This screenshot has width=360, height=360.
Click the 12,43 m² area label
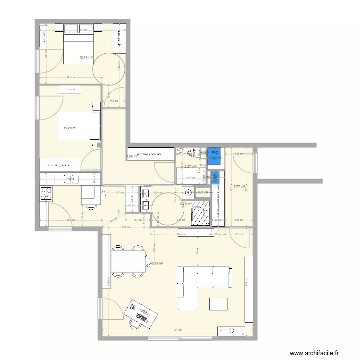tap(85, 58)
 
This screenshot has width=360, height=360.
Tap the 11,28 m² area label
tap(70, 128)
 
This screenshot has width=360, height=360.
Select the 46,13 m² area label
tap(156, 263)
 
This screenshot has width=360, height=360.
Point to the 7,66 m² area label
tap(131, 156)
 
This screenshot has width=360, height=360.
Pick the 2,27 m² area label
tap(190, 167)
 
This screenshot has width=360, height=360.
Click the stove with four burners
tap(47, 193)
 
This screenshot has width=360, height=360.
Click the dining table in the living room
tap(128, 260)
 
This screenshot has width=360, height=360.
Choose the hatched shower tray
tap(200, 213)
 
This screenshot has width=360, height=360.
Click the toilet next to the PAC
tap(193, 153)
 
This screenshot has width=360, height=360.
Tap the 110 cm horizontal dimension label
tap(114, 101)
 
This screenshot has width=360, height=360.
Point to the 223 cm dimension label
tap(126, 227)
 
